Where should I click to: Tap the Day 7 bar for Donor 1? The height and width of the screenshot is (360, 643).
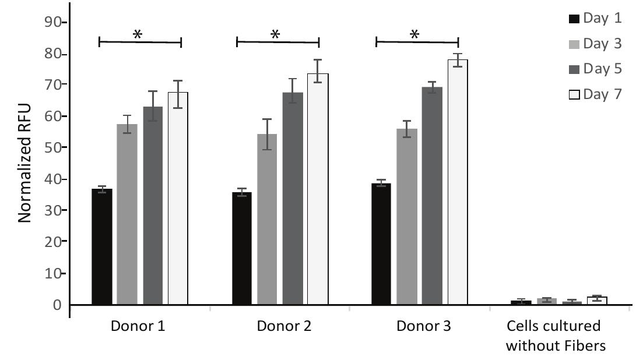[178, 198]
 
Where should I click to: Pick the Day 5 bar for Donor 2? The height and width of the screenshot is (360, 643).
[293, 198]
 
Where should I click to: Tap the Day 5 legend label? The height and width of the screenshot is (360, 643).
[602, 69]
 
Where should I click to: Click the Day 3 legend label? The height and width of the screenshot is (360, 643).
[602, 44]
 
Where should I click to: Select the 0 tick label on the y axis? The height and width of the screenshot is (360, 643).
[58, 305]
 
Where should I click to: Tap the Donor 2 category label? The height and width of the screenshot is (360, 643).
[284, 326]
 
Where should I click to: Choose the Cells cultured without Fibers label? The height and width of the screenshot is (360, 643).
[556, 336]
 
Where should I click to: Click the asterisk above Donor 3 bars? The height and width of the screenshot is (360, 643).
[414, 35]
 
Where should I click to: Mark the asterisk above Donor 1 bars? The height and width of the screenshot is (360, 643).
[138, 35]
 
